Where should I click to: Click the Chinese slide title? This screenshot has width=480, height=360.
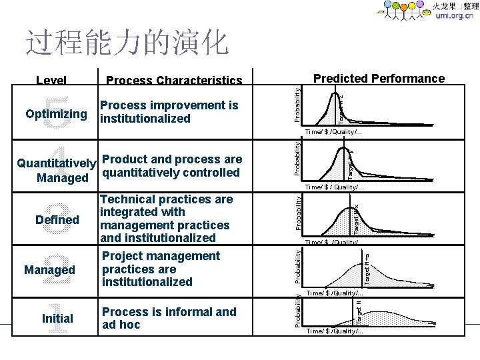click(x=127, y=42)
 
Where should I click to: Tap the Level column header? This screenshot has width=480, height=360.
click(x=51, y=81)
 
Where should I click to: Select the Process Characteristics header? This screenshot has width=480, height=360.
click(x=174, y=81)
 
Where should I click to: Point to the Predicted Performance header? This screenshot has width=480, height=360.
click(x=379, y=79)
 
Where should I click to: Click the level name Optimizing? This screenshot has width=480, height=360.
click(x=56, y=113)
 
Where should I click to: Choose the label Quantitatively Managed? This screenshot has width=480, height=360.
click(x=56, y=170)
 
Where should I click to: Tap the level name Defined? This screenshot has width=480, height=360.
click(x=58, y=220)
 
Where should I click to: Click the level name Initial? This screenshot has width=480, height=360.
click(x=57, y=319)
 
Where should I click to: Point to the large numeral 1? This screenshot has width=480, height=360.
click(x=58, y=320)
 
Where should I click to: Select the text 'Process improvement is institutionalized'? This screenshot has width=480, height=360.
click(x=168, y=112)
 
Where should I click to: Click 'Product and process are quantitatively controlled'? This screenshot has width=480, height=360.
click(x=171, y=166)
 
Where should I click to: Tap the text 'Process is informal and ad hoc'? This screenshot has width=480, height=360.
click(x=169, y=319)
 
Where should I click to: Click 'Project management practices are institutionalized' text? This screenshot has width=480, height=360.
click(x=161, y=269)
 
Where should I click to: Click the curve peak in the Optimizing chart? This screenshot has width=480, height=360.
click(x=330, y=93)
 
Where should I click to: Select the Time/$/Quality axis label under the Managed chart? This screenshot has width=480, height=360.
click(x=335, y=293)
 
